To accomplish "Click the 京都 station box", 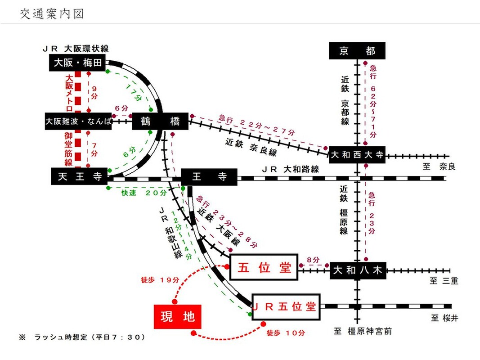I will click(357, 51).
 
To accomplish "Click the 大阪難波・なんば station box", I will click(78, 121).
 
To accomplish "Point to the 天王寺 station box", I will click(79, 177).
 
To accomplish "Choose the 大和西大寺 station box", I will click(357, 155).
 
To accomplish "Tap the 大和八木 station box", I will click(358, 270).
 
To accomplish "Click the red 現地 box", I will click(178, 317).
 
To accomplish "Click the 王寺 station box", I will click(209, 177).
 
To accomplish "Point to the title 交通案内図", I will click(52, 14).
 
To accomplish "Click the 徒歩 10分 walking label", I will click(286, 333).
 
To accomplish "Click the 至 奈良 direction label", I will click(439, 166).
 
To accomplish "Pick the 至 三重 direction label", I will click(444, 281).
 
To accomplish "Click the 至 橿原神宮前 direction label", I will click(363, 332).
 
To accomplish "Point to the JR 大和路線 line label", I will click(291, 169).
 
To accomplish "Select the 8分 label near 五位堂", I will click(313, 261).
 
